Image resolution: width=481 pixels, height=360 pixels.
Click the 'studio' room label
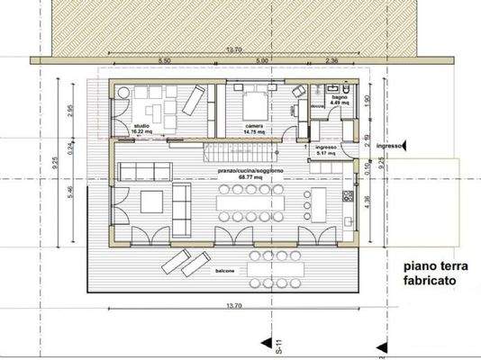click(141, 125)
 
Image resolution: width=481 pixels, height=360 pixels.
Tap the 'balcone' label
click(225, 271)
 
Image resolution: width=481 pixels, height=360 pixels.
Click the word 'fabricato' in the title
click(433, 281)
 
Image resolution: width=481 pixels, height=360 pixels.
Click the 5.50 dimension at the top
click(165, 59)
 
